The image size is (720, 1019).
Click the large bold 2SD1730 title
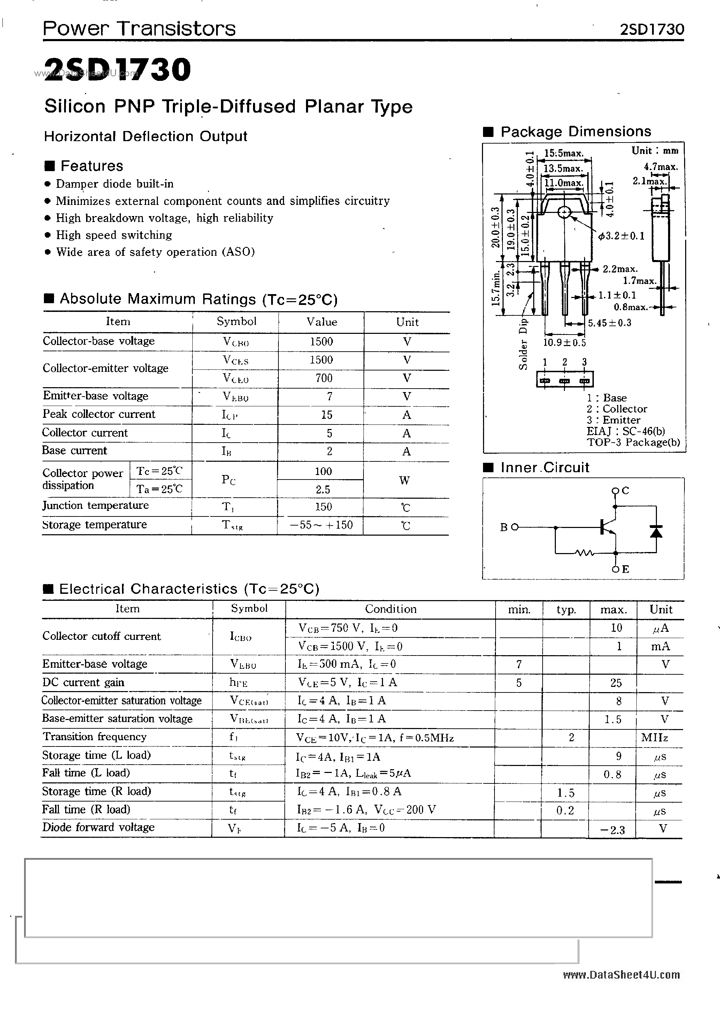pyautogui.click(x=118, y=70)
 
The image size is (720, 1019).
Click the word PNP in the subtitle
pyautogui.click(x=135, y=107)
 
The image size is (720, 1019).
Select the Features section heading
pyautogui.click(x=91, y=166)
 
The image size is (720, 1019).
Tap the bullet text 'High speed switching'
pyautogui.click(x=114, y=235)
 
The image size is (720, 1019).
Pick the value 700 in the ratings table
pyautogui.click(x=324, y=378)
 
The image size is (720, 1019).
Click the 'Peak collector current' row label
pyautogui.click(x=99, y=414)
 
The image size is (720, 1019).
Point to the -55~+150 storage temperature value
pyautogui.click(x=321, y=525)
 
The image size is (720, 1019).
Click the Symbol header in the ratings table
pyautogui.click(x=236, y=321)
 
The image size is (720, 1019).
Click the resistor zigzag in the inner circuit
pyautogui.click(x=584, y=553)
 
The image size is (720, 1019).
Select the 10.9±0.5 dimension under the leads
pyautogui.click(x=564, y=343)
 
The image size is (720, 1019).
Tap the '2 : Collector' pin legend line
pyautogui.click(x=616, y=409)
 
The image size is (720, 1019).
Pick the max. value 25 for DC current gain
pyautogui.click(x=616, y=683)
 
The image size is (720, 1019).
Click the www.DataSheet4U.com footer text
pyautogui.click(x=621, y=975)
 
